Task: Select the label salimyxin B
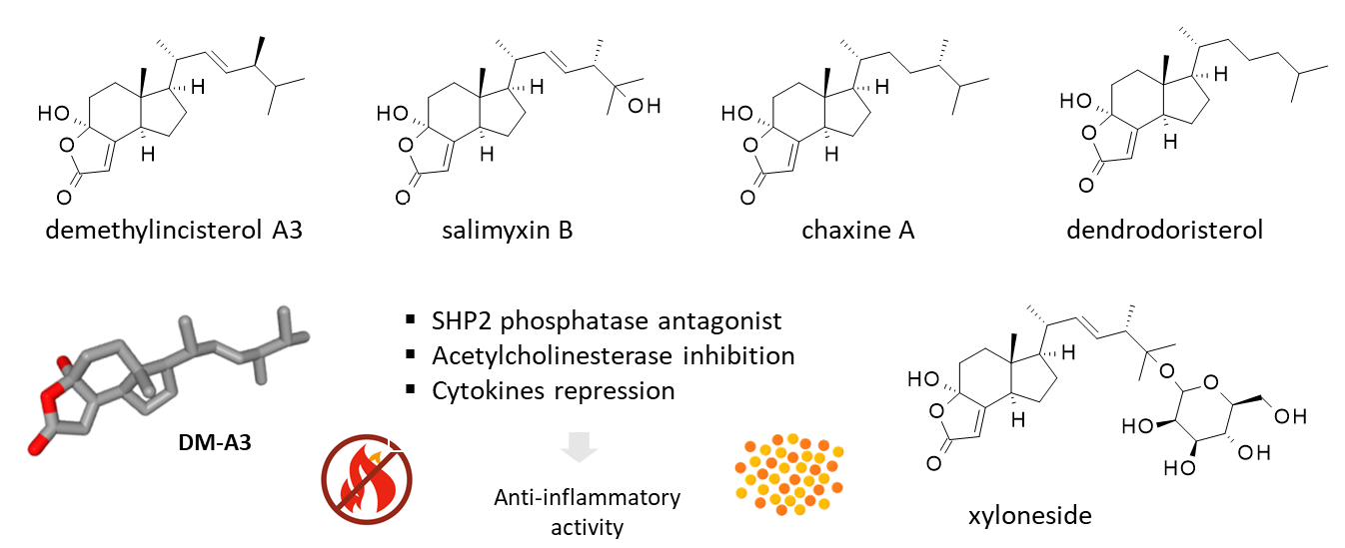(x=507, y=231)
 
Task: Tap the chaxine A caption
(x=857, y=231)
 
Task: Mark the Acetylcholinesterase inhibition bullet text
(x=613, y=355)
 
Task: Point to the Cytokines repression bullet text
(x=553, y=389)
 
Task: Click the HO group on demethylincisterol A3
(x=53, y=113)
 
